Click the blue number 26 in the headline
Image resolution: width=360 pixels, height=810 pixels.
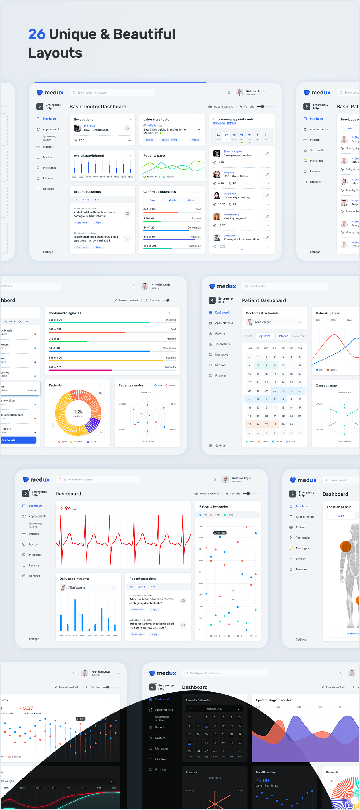pos(37,34)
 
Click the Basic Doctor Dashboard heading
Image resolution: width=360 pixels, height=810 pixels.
pos(98,107)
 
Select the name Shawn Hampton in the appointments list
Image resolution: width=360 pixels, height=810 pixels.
pos(233,151)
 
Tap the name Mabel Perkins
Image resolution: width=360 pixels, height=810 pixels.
pos(231,214)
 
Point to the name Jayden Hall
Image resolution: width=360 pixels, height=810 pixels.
pos(230,236)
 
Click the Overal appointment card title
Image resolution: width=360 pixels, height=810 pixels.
pos(89,156)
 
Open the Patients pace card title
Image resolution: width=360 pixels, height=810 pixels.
pos(154,156)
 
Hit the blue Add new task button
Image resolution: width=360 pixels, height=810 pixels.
pos(18,440)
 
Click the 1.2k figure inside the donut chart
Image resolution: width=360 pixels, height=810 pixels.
pos(78,412)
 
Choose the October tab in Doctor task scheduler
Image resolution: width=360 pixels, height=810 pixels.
pos(283,336)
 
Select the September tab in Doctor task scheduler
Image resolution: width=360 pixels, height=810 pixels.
pos(264,336)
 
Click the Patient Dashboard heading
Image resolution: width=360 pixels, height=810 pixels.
pos(264,300)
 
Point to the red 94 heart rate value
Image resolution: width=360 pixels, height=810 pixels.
pos(68,508)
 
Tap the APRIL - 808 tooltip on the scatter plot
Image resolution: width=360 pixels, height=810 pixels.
pos(219,533)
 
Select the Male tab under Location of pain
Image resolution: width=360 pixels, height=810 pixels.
pos(341,516)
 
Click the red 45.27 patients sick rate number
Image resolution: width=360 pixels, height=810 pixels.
pos(26,708)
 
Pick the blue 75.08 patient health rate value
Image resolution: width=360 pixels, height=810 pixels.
pos(262,780)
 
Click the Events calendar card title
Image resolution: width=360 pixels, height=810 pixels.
pos(198,700)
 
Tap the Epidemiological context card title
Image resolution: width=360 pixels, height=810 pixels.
pos(274,700)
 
